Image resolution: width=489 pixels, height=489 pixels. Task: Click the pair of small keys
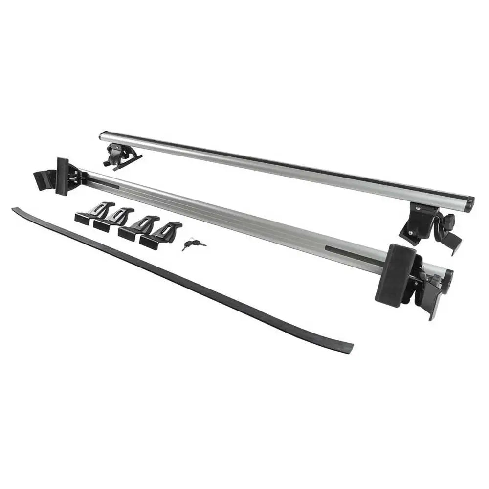click(193, 244)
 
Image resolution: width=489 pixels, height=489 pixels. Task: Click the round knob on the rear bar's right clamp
click(449, 222)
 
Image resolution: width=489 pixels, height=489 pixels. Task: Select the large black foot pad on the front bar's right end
click(395, 275)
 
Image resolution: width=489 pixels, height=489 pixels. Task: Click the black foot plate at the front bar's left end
click(62, 176)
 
